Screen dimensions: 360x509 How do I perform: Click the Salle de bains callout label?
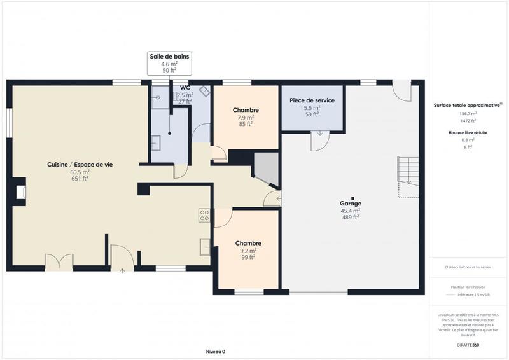[x=169, y=57]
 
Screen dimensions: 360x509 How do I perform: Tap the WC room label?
[x=185, y=88]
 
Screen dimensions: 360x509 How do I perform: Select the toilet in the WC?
[x=205, y=91]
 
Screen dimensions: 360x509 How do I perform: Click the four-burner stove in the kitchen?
[x=204, y=215]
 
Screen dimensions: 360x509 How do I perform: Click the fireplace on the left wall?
[x=20, y=193]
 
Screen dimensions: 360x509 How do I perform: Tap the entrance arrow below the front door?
[x=122, y=272]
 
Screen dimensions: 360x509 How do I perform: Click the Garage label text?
[x=350, y=204]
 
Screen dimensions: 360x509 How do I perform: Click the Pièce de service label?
[x=312, y=100]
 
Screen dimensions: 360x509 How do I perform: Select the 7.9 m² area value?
[x=246, y=118]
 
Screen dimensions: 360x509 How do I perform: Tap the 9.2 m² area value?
[x=248, y=251]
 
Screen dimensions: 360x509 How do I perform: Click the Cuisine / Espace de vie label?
[x=80, y=165]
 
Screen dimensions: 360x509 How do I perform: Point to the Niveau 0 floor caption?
[x=216, y=351]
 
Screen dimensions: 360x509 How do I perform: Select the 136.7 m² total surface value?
[x=468, y=114]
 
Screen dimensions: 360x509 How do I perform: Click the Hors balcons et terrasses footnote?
[x=468, y=267]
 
